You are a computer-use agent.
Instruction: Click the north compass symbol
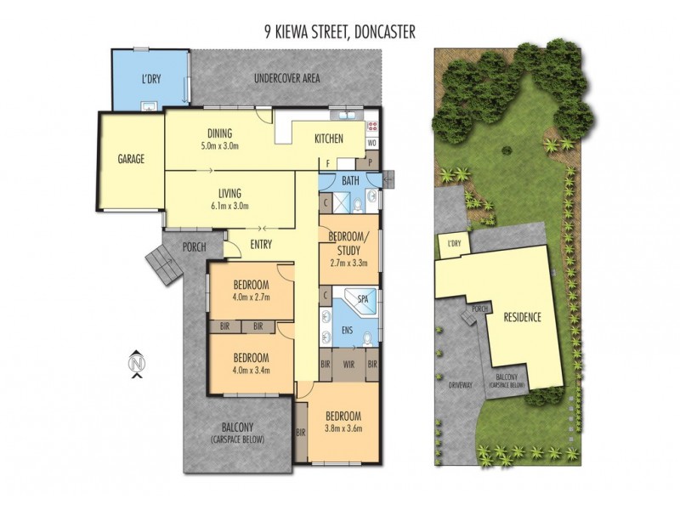(x=135, y=363)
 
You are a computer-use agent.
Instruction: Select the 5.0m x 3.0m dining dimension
(x=219, y=145)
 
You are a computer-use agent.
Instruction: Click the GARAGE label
(x=131, y=158)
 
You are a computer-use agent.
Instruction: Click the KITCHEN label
(x=329, y=139)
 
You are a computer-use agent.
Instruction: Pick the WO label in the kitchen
(x=371, y=144)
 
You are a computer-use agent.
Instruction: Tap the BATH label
(x=350, y=181)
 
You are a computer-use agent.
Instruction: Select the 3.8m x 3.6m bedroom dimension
(x=343, y=429)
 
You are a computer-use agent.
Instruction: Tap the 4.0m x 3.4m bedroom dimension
(x=251, y=370)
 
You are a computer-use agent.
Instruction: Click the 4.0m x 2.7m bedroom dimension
(x=251, y=297)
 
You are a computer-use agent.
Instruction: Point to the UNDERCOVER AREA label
(x=287, y=78)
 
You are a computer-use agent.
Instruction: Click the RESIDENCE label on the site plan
(x=523, y=317)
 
